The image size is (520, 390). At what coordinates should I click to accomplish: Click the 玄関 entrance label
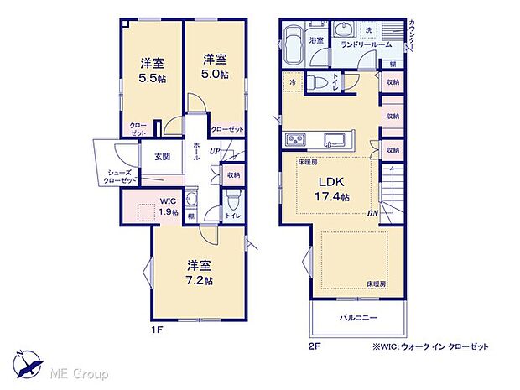(162, 157)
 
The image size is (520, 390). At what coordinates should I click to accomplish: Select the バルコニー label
(358, 318)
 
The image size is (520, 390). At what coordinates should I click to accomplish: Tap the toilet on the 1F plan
(232, 201)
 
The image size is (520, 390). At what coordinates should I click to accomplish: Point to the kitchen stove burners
(297, 139)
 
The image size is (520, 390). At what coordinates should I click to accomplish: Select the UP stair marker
(216, 152)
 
